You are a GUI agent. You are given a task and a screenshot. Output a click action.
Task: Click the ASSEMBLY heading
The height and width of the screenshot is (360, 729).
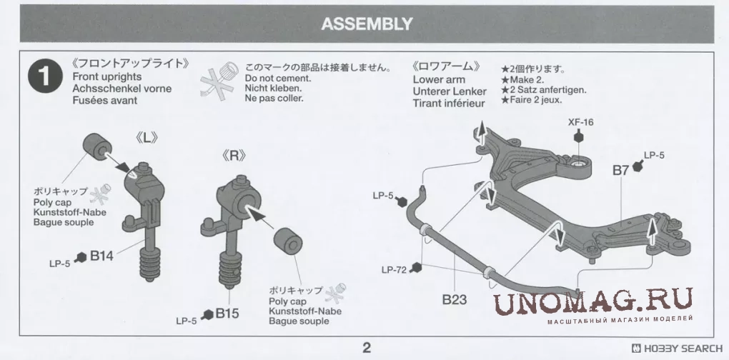click(x=367, y=24)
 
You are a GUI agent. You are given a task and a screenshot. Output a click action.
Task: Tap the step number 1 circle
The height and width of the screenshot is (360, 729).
click(x=45, y=76)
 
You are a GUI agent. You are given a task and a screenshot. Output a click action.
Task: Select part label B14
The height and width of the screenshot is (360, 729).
click(x=101, y=256)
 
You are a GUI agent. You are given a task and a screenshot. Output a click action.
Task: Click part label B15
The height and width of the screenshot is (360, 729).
click(x=227, y=313)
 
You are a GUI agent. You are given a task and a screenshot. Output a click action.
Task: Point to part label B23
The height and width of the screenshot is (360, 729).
click(x=455, y=299)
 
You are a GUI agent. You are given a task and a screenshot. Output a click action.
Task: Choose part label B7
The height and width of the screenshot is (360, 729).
click(x=620, y=171)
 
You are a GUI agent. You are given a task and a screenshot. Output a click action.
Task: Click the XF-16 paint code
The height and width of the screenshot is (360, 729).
click(x=580, y=123)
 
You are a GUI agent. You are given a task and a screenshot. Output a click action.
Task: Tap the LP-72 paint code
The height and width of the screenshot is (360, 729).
click(x=394, y=269)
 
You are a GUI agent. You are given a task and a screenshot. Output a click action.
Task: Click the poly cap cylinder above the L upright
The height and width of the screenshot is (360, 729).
click(x=97, y=146)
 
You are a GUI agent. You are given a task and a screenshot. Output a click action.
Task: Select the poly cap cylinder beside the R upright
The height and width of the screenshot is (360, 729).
click(x=288, y=241)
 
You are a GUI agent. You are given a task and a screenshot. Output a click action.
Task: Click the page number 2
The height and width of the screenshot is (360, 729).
click(x=367, y=347)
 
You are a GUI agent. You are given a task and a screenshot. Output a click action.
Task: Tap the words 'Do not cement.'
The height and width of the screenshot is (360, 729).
click(x=278, y=79)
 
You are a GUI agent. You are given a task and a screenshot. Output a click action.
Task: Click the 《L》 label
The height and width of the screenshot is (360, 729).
click(x=147, y=138)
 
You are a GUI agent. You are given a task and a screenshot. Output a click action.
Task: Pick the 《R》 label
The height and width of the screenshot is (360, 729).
click(x=234, y=156)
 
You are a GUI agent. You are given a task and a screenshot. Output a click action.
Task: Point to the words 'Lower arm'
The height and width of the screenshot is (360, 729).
click(x=438, y=79)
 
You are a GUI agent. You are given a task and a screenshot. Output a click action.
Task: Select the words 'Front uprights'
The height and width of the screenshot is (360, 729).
click(x=107, y=76)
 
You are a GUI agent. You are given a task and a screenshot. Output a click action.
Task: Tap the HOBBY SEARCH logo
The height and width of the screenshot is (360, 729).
click(x=677, y=349)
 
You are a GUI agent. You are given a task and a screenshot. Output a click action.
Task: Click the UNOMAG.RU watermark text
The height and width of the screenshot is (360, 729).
click(x=592, y=301)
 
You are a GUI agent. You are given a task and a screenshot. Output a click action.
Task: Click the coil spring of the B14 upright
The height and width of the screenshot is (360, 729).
click(x=149, y=264)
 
